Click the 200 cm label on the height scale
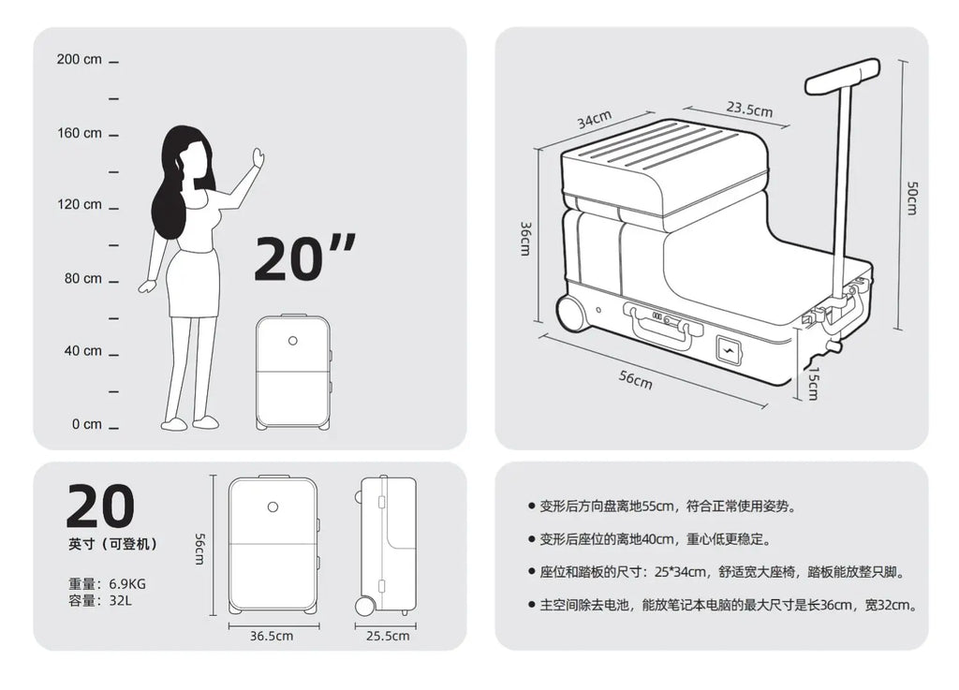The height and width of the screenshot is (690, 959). tap(79, 60)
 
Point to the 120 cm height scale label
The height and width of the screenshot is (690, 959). tap(79, 205)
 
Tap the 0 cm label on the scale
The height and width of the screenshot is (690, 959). tap(86, 424)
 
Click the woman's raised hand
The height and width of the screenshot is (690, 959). tap(258, 158)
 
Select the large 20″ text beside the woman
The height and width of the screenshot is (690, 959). tap(304, 257)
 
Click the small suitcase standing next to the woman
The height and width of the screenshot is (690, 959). tap(293, 372)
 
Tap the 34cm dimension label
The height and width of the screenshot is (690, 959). tap(594, 120)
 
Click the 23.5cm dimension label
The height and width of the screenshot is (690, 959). tap(749, 110)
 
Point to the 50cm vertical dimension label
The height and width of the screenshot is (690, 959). tap(912, 198)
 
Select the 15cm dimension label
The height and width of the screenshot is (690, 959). tap(813, 382)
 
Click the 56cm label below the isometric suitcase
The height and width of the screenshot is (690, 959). tap(636, 379)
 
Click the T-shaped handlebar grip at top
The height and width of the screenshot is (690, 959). tap(842, 76)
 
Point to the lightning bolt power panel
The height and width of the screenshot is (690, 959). tap(730, 351)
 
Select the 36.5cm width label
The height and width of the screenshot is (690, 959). tap(273, 637)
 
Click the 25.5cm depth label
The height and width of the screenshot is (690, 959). tap(387, 637)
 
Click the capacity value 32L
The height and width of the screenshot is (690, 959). tap(120, 601)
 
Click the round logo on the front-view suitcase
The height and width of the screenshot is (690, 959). tap(273, 506)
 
